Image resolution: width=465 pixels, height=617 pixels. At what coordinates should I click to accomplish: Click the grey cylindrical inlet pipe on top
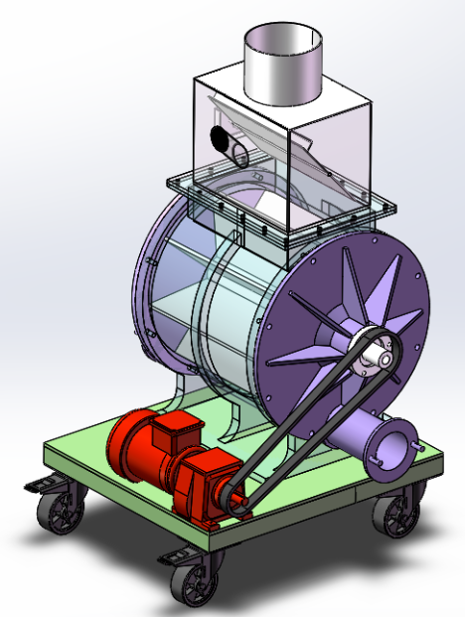click(x=284, y=70)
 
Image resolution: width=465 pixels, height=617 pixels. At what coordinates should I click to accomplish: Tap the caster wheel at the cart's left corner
click(x=60, y=511)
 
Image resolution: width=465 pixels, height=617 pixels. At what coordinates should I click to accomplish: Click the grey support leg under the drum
click(x=233, y=422)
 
